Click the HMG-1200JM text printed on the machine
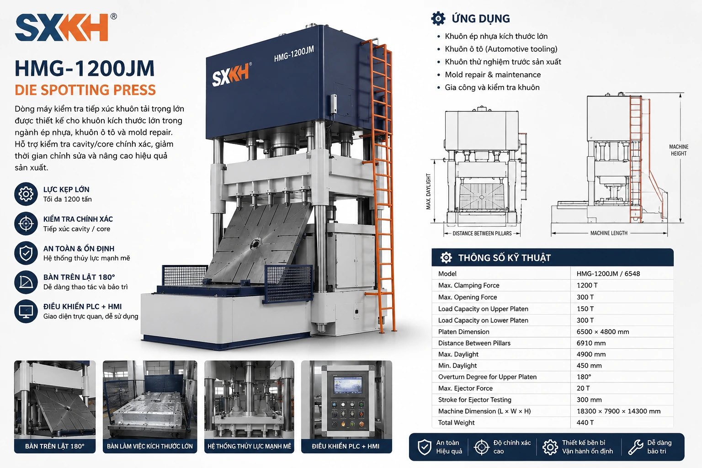click(294, 54)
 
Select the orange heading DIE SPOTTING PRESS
click(85, 90)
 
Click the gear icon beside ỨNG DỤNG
click(438, 18)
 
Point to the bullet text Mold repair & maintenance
click(493, 74)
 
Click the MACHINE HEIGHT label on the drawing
click(679, 150)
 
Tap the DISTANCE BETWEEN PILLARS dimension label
click(482, 234)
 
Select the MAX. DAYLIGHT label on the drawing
click(428, 191)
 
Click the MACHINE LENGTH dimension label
click(609, 233)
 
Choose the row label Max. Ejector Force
click(465, 388)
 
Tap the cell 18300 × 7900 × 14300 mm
click(618, 411)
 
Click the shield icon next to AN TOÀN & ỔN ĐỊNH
click(26, 253)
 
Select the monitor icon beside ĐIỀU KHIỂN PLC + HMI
click(26, 311)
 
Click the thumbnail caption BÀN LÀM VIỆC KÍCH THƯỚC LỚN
click(150, 446)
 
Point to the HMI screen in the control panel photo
click(347, 385)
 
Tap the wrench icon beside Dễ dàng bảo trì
click(636, 447)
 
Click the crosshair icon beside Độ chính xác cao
click(482, 447)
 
